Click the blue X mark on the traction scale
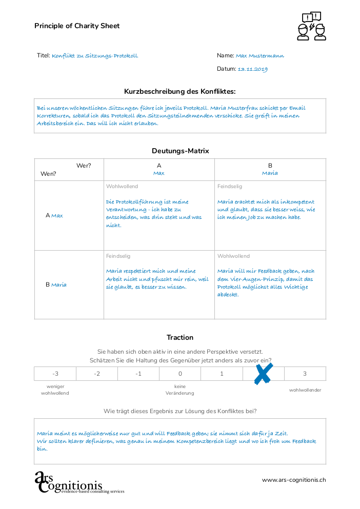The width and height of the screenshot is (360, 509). pyautogui.click(x=263, y=374)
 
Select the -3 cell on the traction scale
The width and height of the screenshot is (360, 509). pyautogui.click(x=55, y=374)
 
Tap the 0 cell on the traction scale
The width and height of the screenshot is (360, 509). pyautogui.click(x=180, y=374)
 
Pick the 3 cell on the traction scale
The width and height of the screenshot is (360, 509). pyautogui.click(x=305, y=374)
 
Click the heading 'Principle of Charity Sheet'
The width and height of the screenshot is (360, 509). pyautogui.click(x=77, y=26)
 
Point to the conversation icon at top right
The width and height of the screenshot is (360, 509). pyautogui.click(x=311, y=26)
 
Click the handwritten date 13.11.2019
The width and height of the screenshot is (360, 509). pyautogui.click(x=253, y=69)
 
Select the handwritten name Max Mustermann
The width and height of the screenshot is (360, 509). pyautogui.click(x=260, y=56)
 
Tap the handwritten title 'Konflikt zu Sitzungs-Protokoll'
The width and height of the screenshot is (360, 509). pyautogui.click(x=95, y=56)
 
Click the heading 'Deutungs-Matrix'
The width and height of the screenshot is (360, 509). pyautogui.click(x=180, y=151)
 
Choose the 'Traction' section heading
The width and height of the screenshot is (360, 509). pyautogui.click(x=180, y=337)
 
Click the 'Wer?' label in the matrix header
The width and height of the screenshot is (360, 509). pyautogui.click(x=84, y=166)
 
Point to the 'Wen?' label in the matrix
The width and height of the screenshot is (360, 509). pyautogui.click(x=48, y=174)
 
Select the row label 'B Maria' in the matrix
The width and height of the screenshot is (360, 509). pyautogui.click(x=56, y=285)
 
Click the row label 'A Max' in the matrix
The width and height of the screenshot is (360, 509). pyautogui.click(x=54, y=216)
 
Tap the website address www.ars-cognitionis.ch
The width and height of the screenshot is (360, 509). pyautogui.click(x=294, y=480)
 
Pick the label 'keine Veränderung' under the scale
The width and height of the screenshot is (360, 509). pyautogui.click(x=180, y=390)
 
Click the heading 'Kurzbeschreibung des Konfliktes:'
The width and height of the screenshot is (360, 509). pyautogui.click(x=180, y=91)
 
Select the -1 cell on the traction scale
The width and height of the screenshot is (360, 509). pyautogui.click(x=138, y=374)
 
